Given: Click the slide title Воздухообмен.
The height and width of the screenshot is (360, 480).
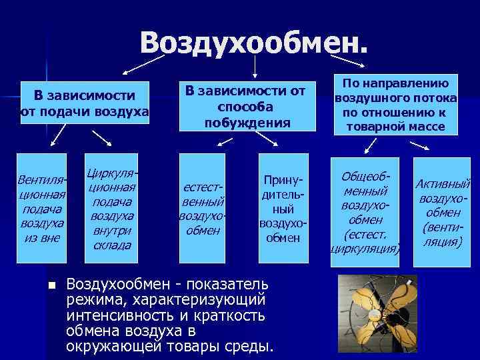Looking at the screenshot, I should click(253, 43).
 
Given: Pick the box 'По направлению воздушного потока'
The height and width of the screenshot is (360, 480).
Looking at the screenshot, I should click(396, 103).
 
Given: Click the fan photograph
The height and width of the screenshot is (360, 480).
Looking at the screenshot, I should click(377, 313).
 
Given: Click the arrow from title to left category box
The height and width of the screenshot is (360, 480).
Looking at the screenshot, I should click(143, 64).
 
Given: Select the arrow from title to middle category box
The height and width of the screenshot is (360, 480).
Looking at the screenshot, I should click(254, 67).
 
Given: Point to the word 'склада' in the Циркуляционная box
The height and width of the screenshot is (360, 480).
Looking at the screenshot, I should click(112, 245).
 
